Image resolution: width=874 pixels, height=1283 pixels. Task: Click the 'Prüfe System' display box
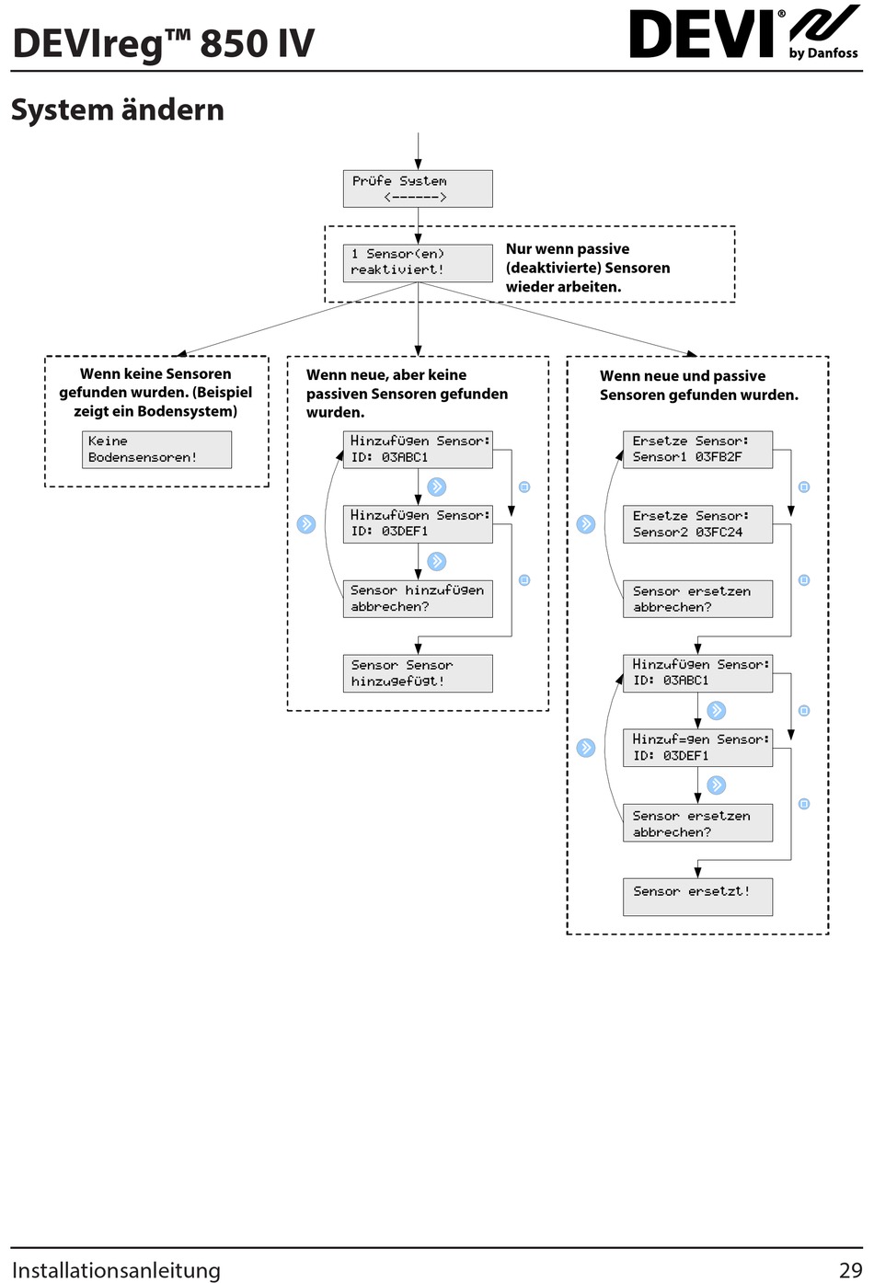pos(418,189)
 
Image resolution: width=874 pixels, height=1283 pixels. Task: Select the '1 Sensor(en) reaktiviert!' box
pos(418,263)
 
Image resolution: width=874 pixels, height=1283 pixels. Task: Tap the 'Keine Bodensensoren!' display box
pos(156,450)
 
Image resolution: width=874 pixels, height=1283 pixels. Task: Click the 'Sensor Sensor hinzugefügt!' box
pos(418,673)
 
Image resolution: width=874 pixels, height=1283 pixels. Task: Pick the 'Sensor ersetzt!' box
pos(697,897)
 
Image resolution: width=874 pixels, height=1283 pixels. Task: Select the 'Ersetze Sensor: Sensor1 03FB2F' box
pos(697,450)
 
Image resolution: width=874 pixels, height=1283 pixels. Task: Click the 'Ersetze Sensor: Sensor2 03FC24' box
pos(697,524)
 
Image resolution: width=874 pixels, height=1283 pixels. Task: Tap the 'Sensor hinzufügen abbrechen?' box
pos(418,599)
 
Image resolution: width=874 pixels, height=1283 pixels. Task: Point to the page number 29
pos(850,1270)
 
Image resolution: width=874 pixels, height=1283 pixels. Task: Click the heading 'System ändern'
pos(118,109)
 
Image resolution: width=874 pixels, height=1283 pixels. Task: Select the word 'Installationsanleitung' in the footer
pos(116,1270)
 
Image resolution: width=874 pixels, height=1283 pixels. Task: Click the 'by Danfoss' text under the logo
pos(823,53)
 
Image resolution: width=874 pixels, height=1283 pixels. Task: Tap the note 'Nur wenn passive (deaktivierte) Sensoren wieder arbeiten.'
pos(588,268)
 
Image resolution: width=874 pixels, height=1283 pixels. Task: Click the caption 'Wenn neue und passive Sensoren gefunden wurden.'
pos(698,384)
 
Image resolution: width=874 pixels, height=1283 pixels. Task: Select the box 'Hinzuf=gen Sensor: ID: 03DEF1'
pos(697,748)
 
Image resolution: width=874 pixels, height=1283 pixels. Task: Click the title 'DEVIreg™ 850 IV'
pos(164,43)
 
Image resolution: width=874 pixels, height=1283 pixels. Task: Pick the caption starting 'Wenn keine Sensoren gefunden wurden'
pos(155,393)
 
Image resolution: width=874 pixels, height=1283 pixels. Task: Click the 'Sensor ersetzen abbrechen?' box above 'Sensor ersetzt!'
pos(697,822)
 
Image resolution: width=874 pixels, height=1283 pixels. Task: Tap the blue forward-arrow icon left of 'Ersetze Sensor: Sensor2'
pos(585,523)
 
